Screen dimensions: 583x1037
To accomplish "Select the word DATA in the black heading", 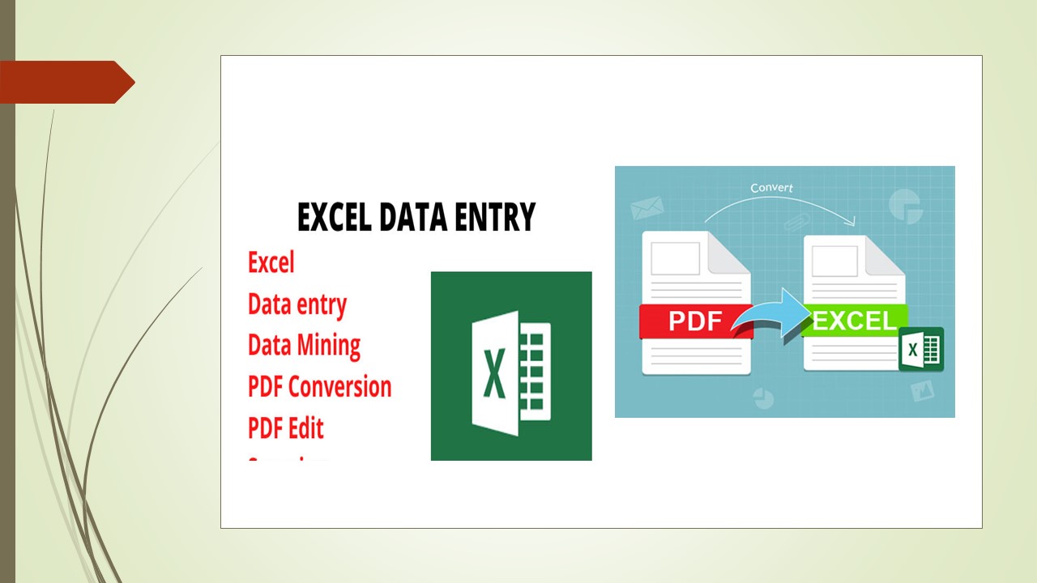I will coord(413,217).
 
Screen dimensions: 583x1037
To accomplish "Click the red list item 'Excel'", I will coord(271,262).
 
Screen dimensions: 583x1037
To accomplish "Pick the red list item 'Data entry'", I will coord(297,304).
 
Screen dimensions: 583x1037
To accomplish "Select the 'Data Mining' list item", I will coord(304,346).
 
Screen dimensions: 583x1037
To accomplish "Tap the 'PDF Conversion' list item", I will coord(319,386).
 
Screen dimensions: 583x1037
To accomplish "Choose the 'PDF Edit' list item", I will coord(285,428).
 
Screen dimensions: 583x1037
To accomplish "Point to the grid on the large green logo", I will coord(535,372).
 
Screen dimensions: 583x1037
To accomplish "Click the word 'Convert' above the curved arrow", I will coord(771,188).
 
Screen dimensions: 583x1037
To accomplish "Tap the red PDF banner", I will coord(694,321).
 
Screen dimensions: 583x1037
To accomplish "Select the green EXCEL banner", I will coord(854,321).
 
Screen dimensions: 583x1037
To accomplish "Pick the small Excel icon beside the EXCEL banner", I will coord(921,349).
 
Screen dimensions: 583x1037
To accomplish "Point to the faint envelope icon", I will coord(647,207).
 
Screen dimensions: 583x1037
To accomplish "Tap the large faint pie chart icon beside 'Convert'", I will coord(906,206).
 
